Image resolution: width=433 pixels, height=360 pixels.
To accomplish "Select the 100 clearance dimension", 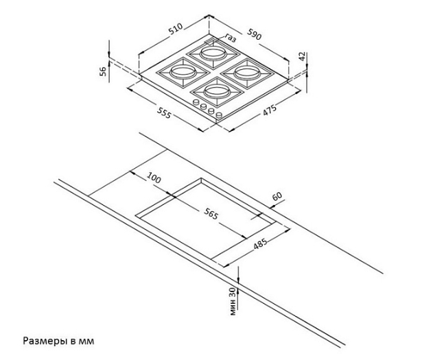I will coord(154,178).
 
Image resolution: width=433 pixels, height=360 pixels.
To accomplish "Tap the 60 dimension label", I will coord(277,196).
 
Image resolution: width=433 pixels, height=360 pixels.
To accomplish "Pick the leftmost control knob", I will coord(196,103).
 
